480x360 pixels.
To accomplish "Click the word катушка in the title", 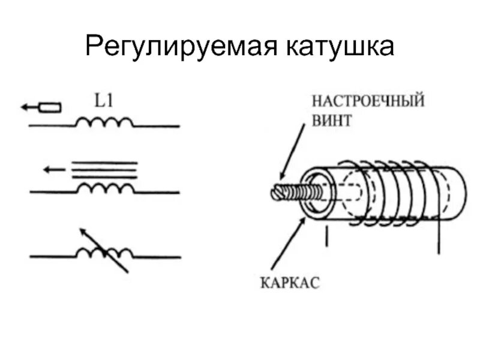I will [335, 47].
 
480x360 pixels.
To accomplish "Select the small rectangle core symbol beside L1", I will [50, 107].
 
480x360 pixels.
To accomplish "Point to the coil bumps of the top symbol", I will [104, 122].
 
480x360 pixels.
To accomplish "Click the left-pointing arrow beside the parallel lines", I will [55, 169].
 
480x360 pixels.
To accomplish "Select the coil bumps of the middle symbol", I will [104, 188].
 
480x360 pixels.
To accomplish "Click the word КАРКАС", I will [290, 281].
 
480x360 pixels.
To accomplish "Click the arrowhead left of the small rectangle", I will [25, 107].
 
